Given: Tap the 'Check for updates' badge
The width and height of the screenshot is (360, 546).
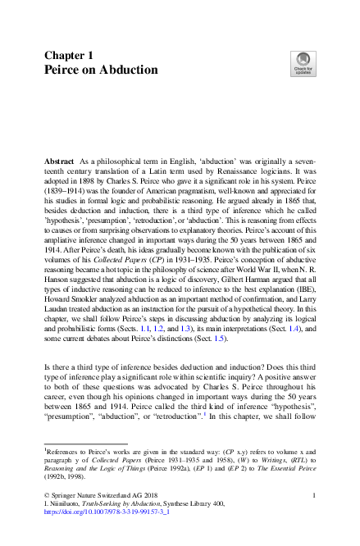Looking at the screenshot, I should pos(301,64).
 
